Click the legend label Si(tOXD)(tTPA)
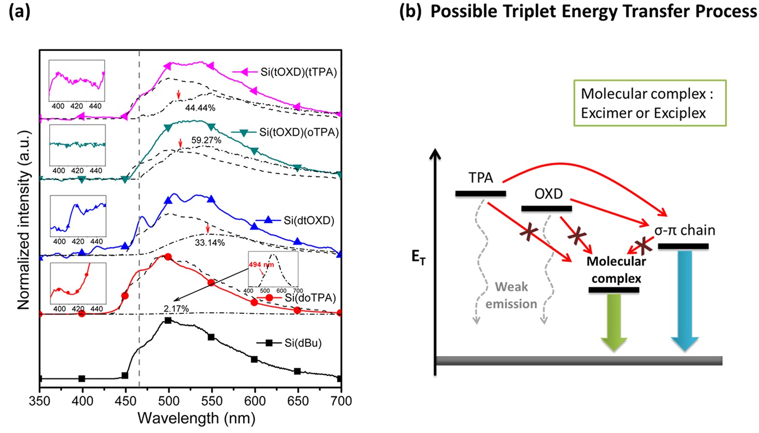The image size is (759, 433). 298,72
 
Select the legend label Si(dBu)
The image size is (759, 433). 303,343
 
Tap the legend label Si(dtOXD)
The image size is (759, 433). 308,220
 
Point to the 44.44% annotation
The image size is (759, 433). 200,108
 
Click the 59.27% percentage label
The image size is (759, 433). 206,140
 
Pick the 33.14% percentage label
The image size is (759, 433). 210,243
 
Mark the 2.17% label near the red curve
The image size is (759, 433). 176,309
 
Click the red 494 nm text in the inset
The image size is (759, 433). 261,265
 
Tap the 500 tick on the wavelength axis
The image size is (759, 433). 168,401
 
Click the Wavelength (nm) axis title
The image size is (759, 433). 196,418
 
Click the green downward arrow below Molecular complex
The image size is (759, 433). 614,322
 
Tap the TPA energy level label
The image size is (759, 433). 480,178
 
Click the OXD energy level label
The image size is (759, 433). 548,194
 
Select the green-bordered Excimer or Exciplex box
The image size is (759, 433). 649,103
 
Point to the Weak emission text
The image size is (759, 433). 511,295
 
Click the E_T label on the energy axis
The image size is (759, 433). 418,257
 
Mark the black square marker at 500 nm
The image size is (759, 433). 168,321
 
